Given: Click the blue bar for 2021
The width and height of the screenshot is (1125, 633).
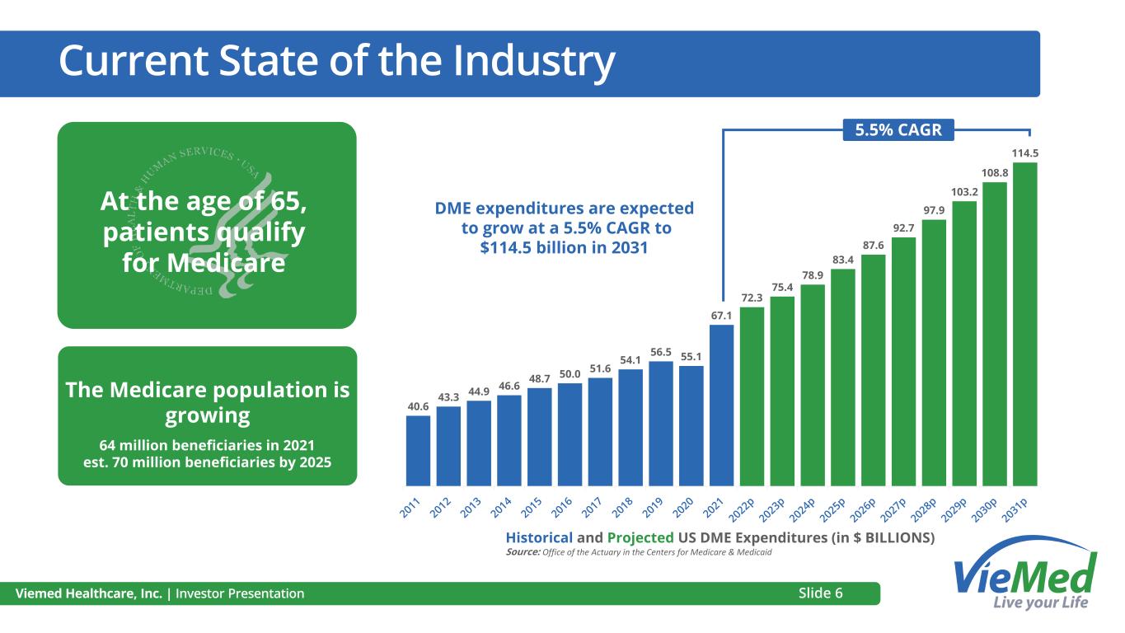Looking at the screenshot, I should (x=721, y=405).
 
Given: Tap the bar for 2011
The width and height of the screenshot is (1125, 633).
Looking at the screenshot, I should (x=418, y=450).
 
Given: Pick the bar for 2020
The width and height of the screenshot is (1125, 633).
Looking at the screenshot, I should (x=691, y=425).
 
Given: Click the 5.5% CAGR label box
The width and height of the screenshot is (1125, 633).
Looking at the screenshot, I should (x=898, y=129).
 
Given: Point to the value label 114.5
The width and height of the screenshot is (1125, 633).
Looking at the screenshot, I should (x=1024, y=152).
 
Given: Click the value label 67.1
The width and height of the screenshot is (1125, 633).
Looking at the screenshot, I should (x=721, y=315).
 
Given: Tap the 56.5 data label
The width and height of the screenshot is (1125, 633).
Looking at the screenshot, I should (x=660, y=351).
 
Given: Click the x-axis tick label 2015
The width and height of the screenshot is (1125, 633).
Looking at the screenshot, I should (x=532, y=509).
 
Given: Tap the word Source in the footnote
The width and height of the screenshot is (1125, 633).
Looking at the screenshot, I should (x=522, y=552).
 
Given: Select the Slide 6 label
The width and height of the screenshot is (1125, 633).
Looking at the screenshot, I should (x=820, y=593).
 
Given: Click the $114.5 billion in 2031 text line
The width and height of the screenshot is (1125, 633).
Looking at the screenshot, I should (x=565, y=246).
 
